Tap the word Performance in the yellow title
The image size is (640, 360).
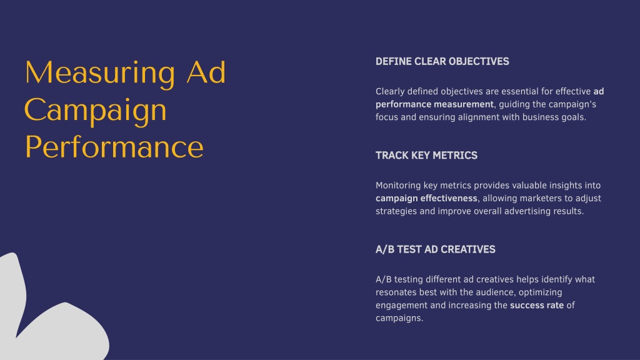coord(114,147)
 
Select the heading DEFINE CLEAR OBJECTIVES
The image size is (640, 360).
coord(442,61)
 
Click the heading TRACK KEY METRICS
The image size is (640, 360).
coord(426,155)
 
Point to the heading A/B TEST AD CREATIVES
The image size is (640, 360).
coord(435,249)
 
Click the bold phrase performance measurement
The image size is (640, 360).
coord(434,104)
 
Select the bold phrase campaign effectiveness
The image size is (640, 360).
coord(426,198)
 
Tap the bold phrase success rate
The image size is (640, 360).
coord(537,305)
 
